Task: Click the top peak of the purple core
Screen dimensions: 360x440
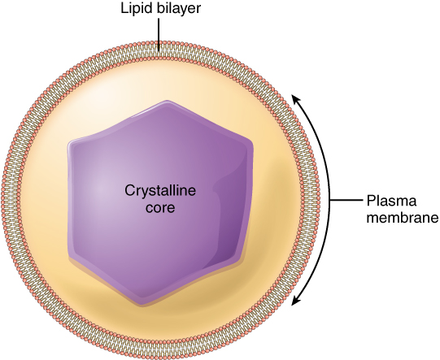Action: click(166, 103)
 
